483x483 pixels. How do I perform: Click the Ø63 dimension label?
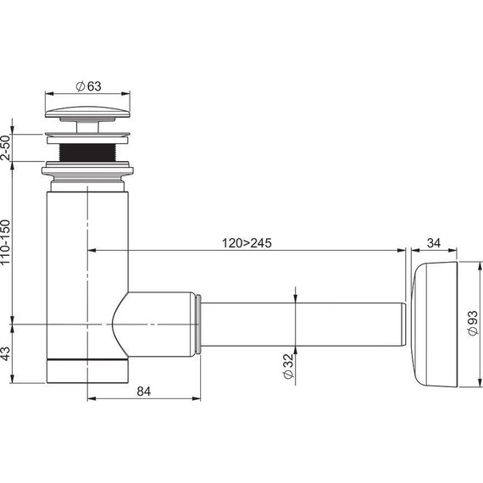click(88, 86)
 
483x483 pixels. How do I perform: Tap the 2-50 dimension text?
click(6, 147)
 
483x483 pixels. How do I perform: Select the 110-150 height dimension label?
click(5, 241)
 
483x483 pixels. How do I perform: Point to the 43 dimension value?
click(5, 353)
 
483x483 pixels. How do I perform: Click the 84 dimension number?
click(144, 391)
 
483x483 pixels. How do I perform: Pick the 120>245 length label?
click(247, 243)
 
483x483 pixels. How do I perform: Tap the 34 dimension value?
click(434, 243)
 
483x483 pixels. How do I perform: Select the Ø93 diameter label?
click(473, 323)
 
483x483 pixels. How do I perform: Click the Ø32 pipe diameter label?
click(289, 366)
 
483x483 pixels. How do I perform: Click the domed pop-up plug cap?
click(87, 112)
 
